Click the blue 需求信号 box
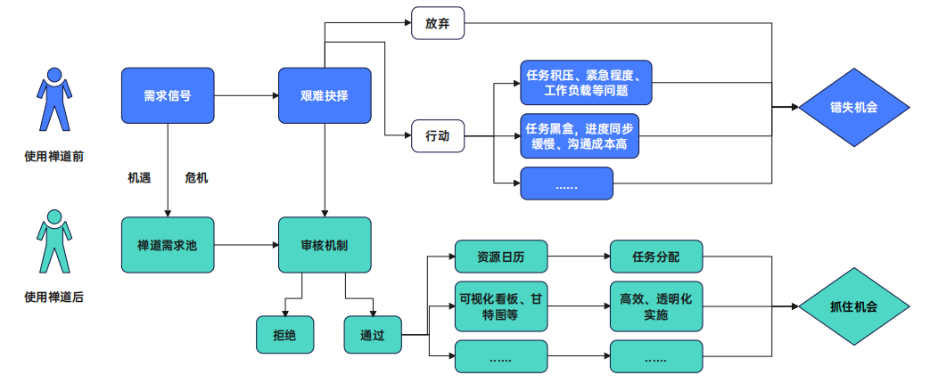[167, 95]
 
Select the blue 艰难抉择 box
[325, 95]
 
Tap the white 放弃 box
[438, 23]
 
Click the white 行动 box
[438, 136]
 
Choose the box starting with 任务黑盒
[580, 136]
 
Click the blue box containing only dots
[567, 183]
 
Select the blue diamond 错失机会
[853, 107]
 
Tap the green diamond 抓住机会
[853, 306]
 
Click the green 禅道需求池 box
[167, 244]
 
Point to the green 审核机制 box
[325, 244]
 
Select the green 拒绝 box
[284, 335]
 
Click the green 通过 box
[372, 335]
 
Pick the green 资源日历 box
[500, 257]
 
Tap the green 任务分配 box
[655, 257]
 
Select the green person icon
[54, 242]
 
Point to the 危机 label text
[196, 178]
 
